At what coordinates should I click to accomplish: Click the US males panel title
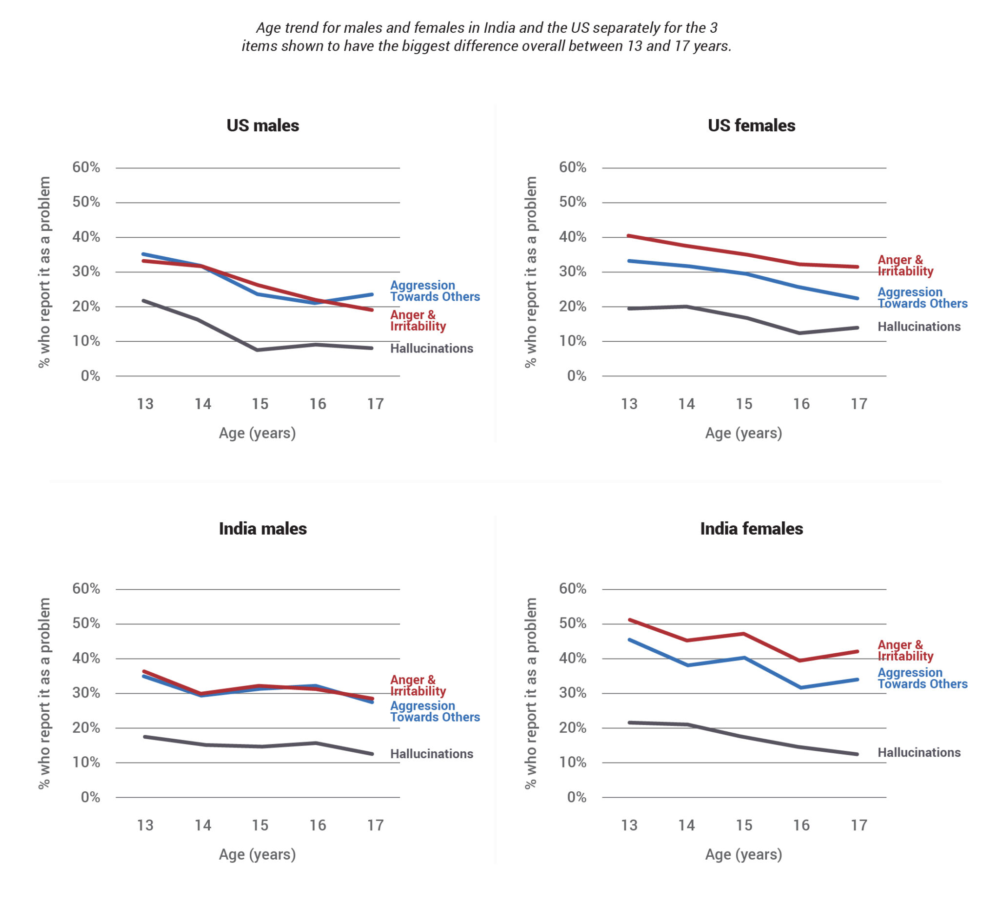[x=262, y=125]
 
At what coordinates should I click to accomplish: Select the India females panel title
[x=751, y=529]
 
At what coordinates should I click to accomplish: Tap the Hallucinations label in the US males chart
[x=431, y=349]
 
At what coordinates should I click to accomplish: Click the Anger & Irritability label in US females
[x=905, y=265]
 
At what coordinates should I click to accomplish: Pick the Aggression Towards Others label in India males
[x=435, y=712]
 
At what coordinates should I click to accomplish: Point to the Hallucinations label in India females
[x=919, y=753]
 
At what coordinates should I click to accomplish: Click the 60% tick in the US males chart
[x=86, y=167]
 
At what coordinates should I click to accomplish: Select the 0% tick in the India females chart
[x=576, y=797]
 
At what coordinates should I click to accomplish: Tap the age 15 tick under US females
[x=744, y=404]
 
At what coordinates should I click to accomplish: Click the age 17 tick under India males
[x=375, y=826]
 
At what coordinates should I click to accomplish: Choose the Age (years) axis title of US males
[x=257, y=434]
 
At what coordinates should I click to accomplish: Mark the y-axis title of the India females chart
[x=531, y=693]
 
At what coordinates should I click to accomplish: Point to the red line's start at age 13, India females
[x=629, y=620]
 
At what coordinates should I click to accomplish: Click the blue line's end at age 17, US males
[x=372, y=294]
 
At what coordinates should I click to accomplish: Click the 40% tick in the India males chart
[x=86, y=659]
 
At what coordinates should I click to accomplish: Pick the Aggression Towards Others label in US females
[x=922, y=298]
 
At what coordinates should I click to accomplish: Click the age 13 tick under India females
[x=629, y=826]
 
